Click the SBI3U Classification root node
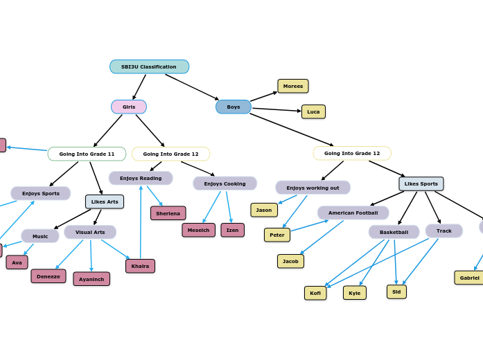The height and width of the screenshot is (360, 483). point(149,67)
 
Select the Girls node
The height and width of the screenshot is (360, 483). point(129,107)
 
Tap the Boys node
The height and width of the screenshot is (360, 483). point(234,107)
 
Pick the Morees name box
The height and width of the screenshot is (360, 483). point(293,87)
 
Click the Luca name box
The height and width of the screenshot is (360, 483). point(313,112)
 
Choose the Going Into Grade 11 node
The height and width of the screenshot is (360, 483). point(87,154)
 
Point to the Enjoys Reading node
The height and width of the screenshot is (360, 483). point(141,179)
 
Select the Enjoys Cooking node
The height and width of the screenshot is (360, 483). point(225,183)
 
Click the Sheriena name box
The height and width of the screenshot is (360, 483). point(168,213)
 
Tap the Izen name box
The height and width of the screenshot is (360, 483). point(232,230)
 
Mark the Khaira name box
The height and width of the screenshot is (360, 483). point(140,266)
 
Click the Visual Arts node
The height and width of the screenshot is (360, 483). point(90,233)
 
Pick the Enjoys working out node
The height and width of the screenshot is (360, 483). point(313,188)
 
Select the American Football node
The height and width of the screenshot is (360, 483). point(353,213)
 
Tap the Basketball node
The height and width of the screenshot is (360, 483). point(394,232)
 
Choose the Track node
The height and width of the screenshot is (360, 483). point(444,231)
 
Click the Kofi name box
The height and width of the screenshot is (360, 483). point(315,293)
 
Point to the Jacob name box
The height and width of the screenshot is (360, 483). point(290,261)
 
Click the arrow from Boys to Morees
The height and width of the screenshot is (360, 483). point(264,97)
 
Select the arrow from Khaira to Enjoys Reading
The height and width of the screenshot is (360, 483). point(141,222)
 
